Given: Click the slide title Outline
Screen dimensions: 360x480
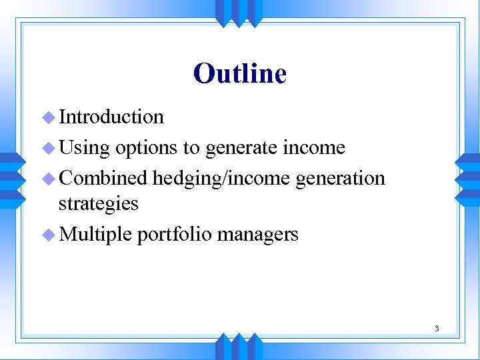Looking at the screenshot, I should tap(240, 73).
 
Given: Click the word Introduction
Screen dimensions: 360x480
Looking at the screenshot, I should tap(111, 117).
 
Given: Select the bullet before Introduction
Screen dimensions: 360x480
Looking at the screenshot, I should tap(47, 117).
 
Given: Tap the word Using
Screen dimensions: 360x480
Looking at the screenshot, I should tap(84, 148).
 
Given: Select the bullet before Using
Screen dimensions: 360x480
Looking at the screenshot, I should tap(47, 148).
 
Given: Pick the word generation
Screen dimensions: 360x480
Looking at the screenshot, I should tap(340, 179).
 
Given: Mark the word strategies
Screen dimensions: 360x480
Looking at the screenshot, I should tap(99, 203).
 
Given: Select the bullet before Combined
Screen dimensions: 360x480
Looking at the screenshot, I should tap(47, 179).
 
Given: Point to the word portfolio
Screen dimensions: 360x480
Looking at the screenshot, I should tap(174, 234).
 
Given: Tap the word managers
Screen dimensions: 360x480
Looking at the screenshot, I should tap(257, 234).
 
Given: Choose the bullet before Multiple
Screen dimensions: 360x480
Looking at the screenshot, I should tap(47, 234).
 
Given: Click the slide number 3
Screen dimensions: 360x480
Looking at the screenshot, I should tap(436, 328).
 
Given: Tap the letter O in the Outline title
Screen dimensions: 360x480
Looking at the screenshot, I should tap(203, 73).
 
